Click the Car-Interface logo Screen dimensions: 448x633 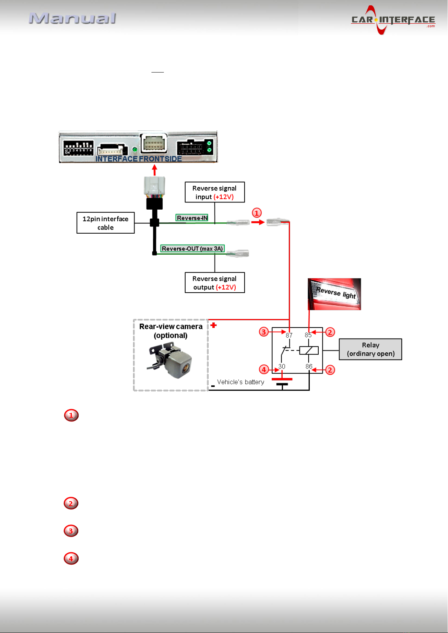pyautogui.click(x=393, y=20)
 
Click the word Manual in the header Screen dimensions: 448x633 pyautogui.click(x=73, y=18)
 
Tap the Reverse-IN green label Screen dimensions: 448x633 pyautogui.click(x=192, y=218)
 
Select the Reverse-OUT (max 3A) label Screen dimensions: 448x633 pyautogui.click(x=192, y=248)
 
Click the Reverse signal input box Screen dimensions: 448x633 pyautogui.click(x=215, y=192)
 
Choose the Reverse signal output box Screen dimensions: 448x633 pyautogui.click(x=215, y=283)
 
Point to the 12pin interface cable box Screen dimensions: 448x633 pyautogui.click(x=106, y=223)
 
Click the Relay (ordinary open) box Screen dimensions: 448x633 pyautogui.click(x=371, y=349)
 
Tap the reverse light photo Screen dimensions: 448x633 pyautogui.click(x=334, y=294)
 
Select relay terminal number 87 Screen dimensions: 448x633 pyautogui.click(x=289, y=335)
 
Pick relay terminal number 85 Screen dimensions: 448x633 pyautogui.click(x=308, y=335)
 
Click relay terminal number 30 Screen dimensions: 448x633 pyautogui.click(x=282, y=367)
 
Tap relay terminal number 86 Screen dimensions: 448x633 pyautogui.click(x=309, y=367)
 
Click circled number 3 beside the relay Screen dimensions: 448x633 pyautogui.click(x=264, y=332)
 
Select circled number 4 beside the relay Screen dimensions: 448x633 pyautogui.click(x=264, y=369)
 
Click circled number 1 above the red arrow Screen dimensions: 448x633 pyautogui.click(x=257, y=213)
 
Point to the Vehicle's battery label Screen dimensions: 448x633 pyautogui.click(x=241, y=382)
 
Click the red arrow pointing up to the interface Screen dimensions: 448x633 pyautogui.click(x=154, y=170)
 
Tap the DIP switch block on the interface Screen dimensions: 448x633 pyautogui.click(x=78, y=148)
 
